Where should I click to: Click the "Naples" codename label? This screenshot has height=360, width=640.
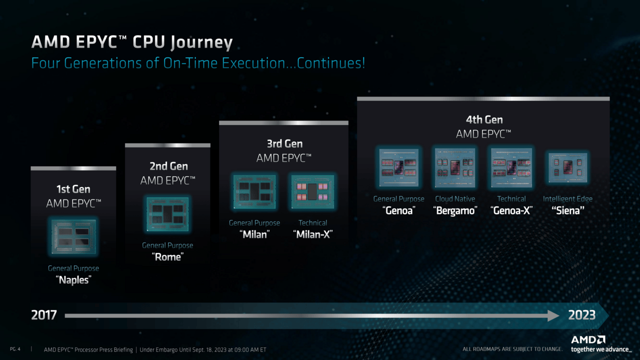coord(73,280)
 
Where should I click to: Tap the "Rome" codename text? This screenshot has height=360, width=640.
coord(167,257)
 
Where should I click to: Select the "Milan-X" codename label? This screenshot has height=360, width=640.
coord(313,234)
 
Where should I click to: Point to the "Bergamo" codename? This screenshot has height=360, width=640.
coord(455,211)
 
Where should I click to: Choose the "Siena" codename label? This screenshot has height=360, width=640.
coord(567,210)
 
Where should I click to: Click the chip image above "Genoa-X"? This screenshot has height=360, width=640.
coord(511,167)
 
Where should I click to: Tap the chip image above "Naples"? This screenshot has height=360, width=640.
coord(73,236)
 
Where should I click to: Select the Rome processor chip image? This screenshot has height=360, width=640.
coord(167,214)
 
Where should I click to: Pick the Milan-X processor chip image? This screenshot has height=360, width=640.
coord(313,191)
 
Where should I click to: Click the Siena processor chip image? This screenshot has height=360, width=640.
coord(567,167)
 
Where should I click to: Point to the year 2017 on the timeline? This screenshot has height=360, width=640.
coord(44,315)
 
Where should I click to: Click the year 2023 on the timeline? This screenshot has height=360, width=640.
coord(581,315)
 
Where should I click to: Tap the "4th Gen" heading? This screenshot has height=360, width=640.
coord(484,119)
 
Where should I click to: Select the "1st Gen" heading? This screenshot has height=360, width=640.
coord(73,189)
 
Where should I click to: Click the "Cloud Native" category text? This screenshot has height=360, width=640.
coord(455,199)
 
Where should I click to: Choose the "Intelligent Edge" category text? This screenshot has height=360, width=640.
coord(567,199)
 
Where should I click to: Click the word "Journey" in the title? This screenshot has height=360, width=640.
coord(201,42)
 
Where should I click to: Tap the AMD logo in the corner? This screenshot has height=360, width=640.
coord(588,339)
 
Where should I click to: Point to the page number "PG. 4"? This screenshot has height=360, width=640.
coord(15,349)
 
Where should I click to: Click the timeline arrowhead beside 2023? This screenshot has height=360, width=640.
coord(553,315)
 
